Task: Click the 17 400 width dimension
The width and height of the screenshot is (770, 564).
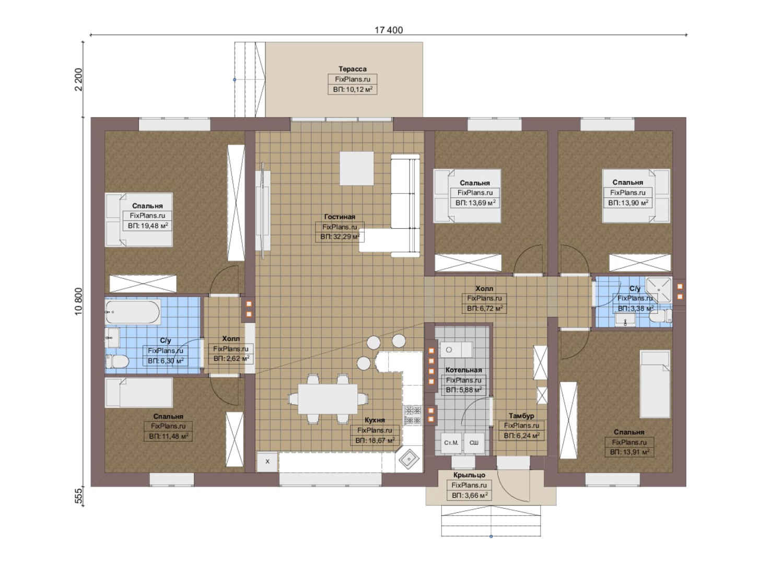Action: click(389, 30)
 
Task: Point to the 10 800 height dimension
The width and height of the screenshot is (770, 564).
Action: click(78, 301)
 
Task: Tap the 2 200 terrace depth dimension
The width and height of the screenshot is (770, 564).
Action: click(78, 79)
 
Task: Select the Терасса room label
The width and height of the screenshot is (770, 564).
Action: click(352, 69)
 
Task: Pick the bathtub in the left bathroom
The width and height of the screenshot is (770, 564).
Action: click(133, 312)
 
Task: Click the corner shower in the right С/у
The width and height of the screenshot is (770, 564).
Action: click(659, 290)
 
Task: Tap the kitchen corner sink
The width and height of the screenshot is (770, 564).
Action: click(409, 459)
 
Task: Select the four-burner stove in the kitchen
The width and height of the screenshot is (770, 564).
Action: click(413, 415)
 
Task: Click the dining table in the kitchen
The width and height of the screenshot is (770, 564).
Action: click(328, 399)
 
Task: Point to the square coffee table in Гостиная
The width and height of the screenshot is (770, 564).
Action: click(356, 168)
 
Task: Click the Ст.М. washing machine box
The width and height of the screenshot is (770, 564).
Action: click(451, 443)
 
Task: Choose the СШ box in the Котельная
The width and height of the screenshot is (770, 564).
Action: click(474, 443)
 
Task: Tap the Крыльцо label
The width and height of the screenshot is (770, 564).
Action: click(469, 475)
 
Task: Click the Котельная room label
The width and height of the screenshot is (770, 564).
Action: click(463, 370)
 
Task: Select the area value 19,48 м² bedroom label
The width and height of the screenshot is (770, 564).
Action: click(148, 226)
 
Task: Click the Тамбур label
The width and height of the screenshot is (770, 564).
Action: click(521, 416)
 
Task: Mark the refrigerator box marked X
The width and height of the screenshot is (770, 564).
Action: click(267, 461)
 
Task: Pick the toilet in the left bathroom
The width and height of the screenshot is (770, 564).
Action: click(118, 361)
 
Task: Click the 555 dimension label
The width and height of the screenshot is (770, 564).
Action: click(79, 496)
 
